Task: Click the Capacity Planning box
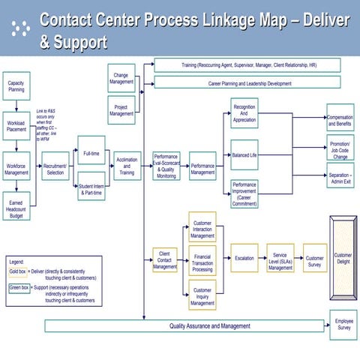tap(16, 87)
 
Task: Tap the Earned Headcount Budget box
tap(16, 208)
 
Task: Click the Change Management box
tap(121, 77)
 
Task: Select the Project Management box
tap(121, 109)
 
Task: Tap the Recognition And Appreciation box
tap(244, 114)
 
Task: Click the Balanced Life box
tap(244, 154)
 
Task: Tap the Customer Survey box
tap(314, 258)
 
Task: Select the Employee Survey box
tap(343, 324)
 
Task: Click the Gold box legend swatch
tap(17, 271)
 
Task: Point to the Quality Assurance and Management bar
tap(187, 326)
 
